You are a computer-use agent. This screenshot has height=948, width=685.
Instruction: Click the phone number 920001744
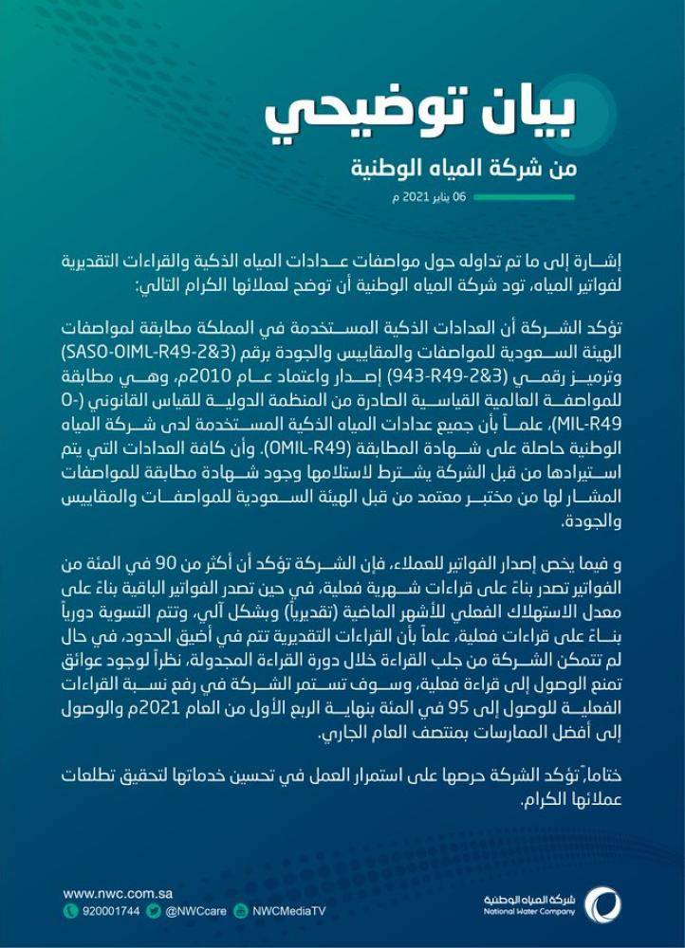tap(109, 911)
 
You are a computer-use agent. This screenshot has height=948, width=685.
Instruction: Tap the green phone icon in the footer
tap(70, 911)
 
